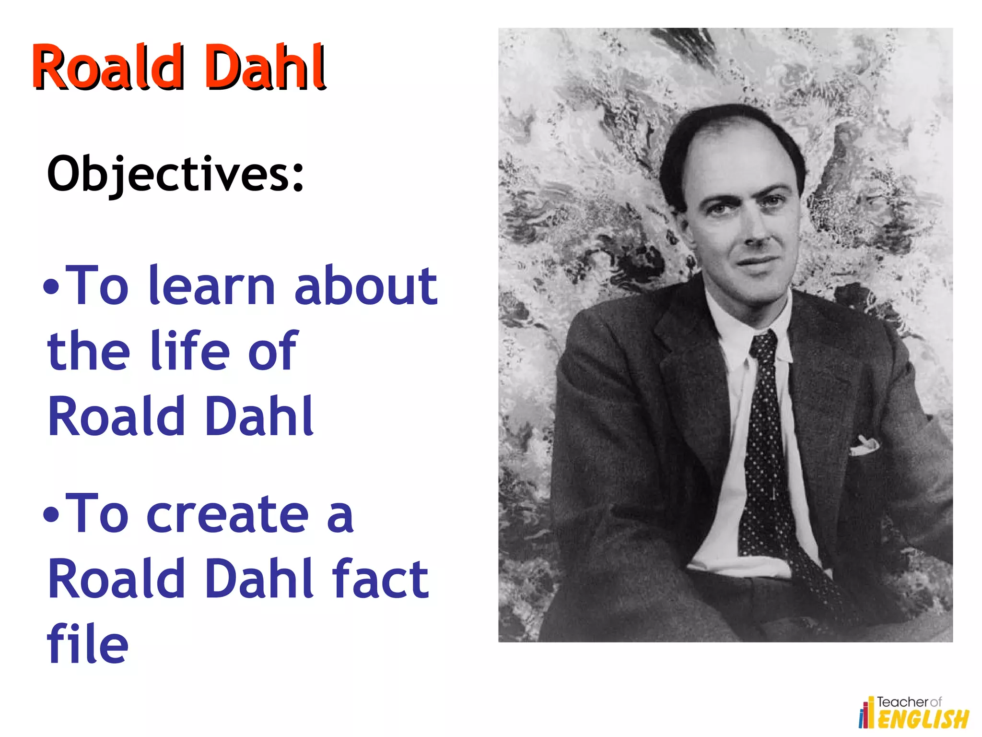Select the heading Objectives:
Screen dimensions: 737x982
(x=175, y=174)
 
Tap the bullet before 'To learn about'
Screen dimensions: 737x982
(x=51, y=287)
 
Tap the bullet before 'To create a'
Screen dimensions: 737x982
(x=51, y=515)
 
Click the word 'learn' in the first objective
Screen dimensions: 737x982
(x=211, y=286)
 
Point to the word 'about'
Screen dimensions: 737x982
(x=365, y=286)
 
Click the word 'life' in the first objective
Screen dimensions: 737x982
(x=190, y=351)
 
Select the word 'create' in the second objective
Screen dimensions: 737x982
(x=227, y=515)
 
